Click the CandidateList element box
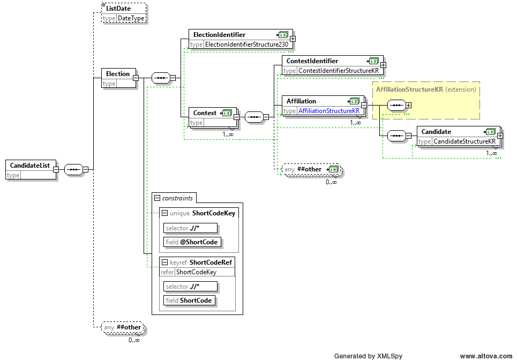[x=31, y=169]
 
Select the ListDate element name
[x=118, y=9]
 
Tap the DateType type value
[x=131, y=18]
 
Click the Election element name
[x=118, y=74]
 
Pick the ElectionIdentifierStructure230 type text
[x=246, y=44]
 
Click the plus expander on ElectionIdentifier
[x=293, y=39]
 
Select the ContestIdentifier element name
[x=312, y=61]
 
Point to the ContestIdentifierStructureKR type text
[x=339, y=71]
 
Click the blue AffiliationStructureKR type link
[x=329, y=111]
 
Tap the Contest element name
[x=205, y=113]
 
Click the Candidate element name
[x=436, y=132]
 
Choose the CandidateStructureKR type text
[x=464, y=141]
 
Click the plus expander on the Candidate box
[x=500, y=136]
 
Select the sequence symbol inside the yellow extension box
[x=396, y=106]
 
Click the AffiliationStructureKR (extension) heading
[x=426, y=89]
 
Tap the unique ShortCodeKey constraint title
[x=203, y=213]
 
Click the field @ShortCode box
[x=192, y=242]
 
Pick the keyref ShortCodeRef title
[x=201, y=262]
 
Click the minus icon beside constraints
[x=158, y=198]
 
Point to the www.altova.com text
[x=486, y=356]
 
